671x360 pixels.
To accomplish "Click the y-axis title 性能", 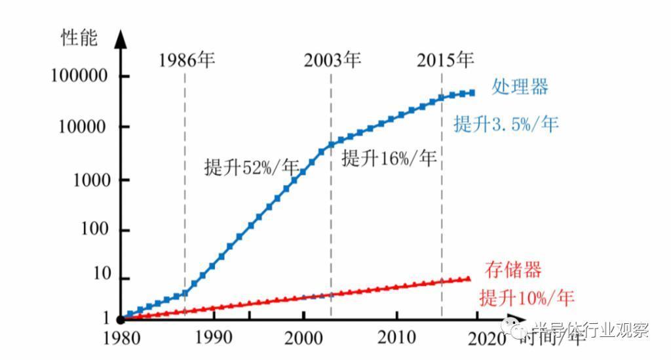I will pyautogui.click(x=79, y=38).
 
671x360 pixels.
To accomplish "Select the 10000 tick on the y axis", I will pyautogui.click(x=83, y=127).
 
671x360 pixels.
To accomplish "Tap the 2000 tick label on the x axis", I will pyautogui.click(x=303, y=338).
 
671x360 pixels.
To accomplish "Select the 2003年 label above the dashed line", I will pyautogui.click(x=332, y=61).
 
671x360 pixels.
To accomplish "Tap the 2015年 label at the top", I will pyautogui.click(x=445, y=61).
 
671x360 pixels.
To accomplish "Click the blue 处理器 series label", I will pyautogui.click(x=520, y=87).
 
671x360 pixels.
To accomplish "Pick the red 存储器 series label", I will pyautogui.click(x=513, y=270).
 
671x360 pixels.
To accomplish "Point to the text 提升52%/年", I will pyautogui.click(x=252, y=167).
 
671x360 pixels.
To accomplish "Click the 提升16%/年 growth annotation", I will pyautogui.click(x=389, y=158).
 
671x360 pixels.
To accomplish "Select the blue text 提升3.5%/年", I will pyautogui.click(x=506, y=124).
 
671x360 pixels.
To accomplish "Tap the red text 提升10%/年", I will pyautogui.click(x=527, y=298).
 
